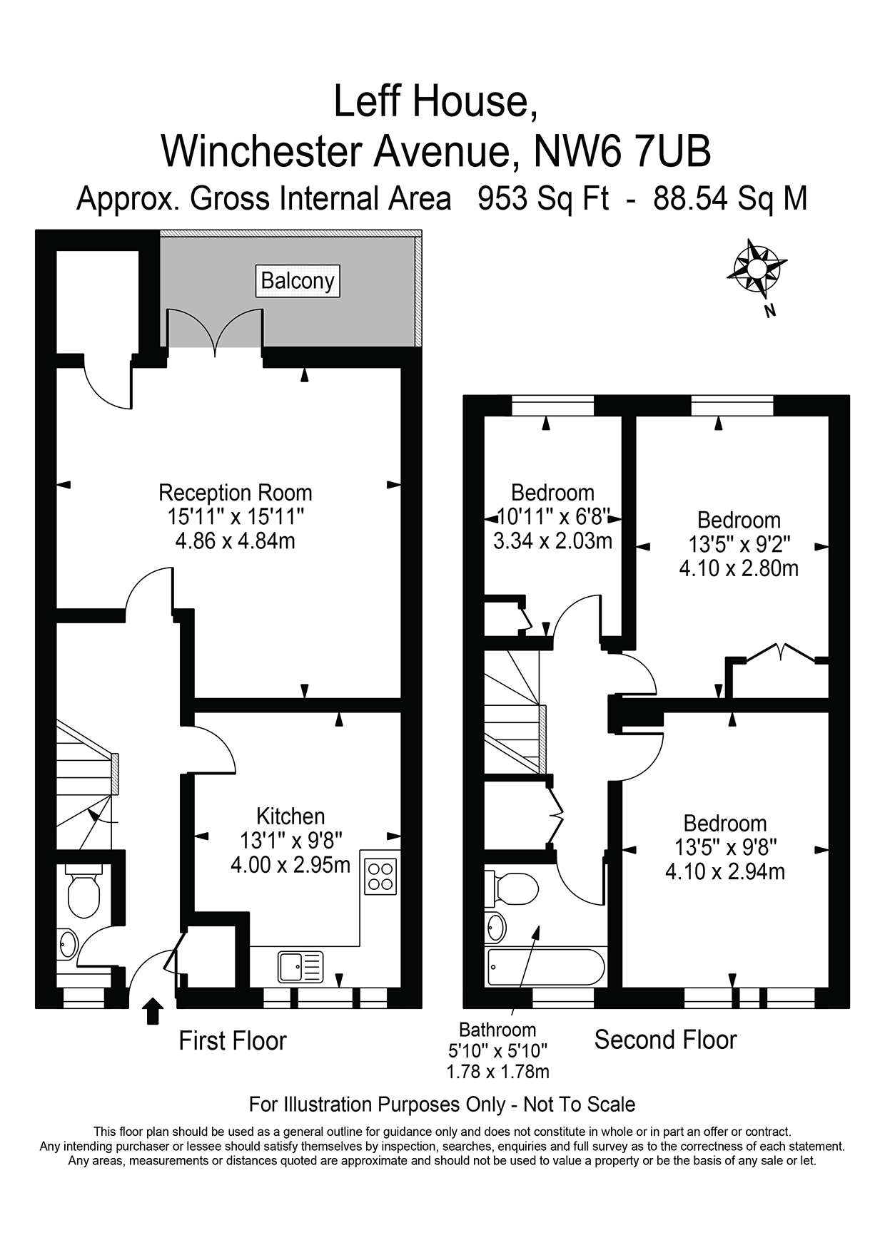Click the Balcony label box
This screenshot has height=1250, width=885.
click(298, 281)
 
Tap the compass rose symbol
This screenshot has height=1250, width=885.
click(756, 270)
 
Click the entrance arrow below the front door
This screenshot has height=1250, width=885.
click(153, 1011)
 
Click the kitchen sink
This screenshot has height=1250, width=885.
click(300, 967)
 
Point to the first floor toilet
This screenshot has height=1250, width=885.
click(84, 891)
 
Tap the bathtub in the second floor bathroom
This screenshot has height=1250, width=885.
click(545, 967)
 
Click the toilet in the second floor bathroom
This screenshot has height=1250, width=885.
click(512, 888)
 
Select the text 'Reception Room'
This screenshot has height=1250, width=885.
click(235, 493)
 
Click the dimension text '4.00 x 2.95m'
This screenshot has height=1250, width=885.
click(290, 865)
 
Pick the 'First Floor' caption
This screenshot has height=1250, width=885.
click(232, 1041)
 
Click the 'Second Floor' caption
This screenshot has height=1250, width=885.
click(665, 1040)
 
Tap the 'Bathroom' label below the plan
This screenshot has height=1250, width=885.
click(497, 1030)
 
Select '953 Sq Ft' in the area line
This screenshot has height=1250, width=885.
click(543, 198)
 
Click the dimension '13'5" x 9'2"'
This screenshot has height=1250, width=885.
click(739, 545)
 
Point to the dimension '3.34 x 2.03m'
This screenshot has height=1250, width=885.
click(552, 541)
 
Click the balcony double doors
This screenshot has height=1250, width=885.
click(214, 332)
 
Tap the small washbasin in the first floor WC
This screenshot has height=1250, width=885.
click(67, 944)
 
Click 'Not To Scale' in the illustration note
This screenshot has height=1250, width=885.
click(579, 1105)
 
